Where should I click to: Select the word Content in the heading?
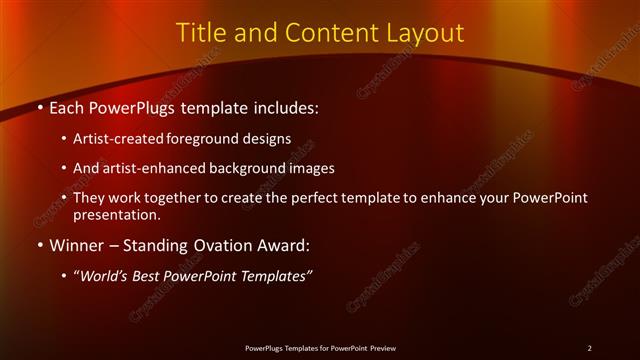click(324, 33)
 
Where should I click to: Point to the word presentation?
click(116, 214)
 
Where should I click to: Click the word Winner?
click(75, 244)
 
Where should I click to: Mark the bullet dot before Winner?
click(39, 244)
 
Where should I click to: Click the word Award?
click(286, 244)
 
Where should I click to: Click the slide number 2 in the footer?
click(590, 347)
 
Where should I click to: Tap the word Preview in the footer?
click(381, 347)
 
